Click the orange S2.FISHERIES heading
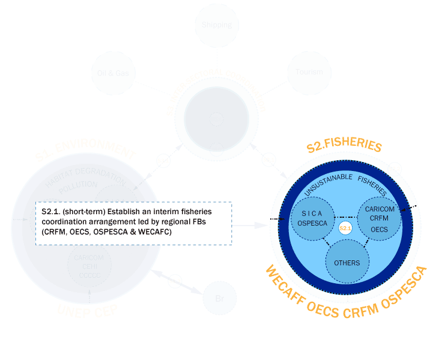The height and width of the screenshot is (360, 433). [344, 146]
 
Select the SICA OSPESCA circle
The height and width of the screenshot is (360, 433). [312, 218]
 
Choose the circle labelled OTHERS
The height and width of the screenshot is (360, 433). [347, 262]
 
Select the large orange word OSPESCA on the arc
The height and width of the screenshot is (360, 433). [404, 289]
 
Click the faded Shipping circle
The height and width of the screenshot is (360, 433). [217, 25]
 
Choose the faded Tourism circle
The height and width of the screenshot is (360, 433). [309, 72]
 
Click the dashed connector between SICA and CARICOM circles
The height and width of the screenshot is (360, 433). [345, 217]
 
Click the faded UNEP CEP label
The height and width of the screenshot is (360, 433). [87, 310]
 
